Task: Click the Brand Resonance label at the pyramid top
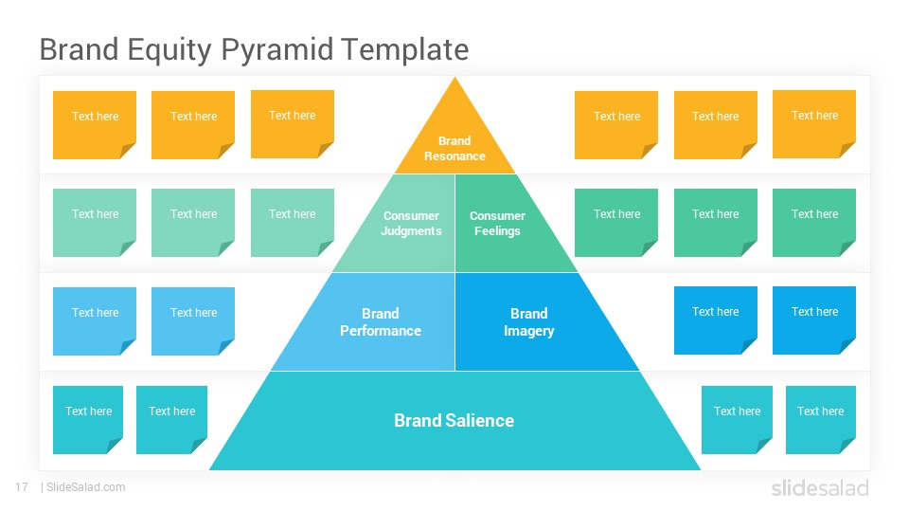[454, 148]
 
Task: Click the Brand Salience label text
[454, 420]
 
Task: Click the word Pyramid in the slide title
[277, 50]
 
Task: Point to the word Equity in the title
[169, 50]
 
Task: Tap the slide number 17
[22, 487]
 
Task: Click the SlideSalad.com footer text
[86, 487]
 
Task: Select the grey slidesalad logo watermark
[820, 488]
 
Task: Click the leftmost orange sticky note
[95, 125]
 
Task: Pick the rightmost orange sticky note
[814, 124]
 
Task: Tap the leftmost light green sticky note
[95, 222]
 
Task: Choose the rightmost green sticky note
[814, 222]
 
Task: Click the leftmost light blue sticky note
[95, 321]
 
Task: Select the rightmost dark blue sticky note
[814, 320]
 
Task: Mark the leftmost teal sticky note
[87, 420]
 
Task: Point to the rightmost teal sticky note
[821, 420]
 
